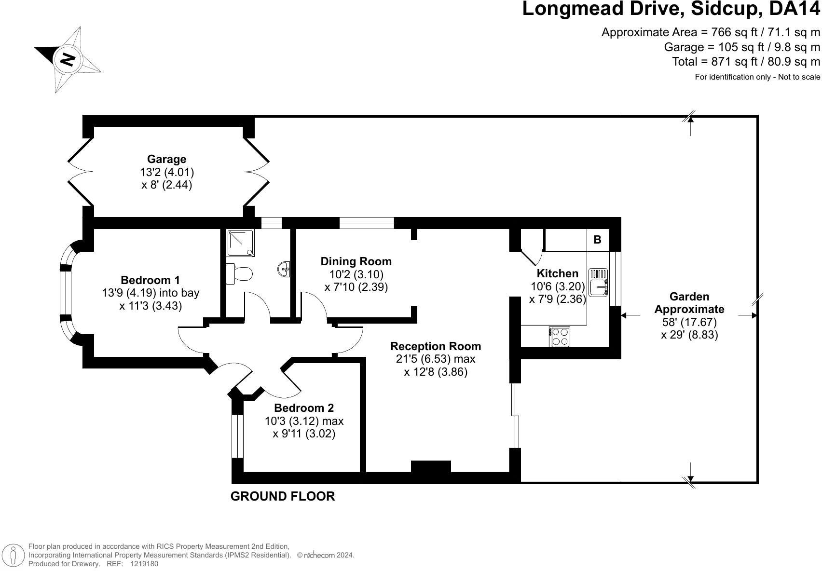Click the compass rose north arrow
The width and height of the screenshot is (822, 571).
click(68, 59)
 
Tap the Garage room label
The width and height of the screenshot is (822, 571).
click(166, 159)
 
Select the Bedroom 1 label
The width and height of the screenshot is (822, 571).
click(150, 280)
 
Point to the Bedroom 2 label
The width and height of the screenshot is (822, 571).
click(304, 408)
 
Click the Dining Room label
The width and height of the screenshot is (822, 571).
click(356, 261)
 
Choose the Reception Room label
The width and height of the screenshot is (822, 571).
click(435, 346)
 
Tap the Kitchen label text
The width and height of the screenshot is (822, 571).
click(557, 273)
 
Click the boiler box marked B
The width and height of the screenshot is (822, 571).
click(597, 240)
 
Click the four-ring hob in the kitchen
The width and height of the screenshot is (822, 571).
click(560, 337)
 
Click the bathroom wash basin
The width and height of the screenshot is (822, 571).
click(284, 269)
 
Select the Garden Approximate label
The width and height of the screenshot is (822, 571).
click(689, 303)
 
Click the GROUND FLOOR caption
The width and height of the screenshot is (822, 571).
click(283, 496)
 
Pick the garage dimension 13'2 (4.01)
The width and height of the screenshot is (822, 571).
click(166, 172)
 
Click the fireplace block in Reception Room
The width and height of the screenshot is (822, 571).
click(431, 466)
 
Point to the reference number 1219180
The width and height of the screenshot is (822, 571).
click(144, 563)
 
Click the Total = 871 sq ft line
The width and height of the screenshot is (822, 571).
click(746, 62)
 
